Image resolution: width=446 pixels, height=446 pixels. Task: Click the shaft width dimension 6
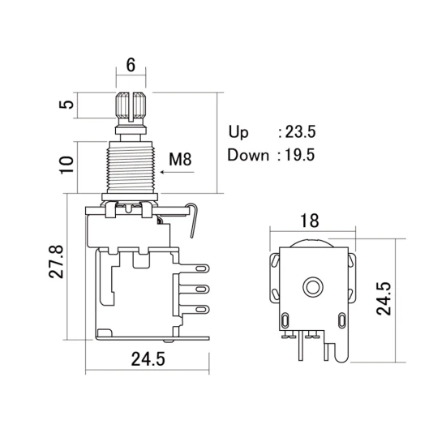coord(131,65)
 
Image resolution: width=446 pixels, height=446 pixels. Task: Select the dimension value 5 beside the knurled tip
coord(66,105)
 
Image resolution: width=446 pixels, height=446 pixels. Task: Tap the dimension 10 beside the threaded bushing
coord(66,165)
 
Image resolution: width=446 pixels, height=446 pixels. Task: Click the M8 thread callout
coord(180,159)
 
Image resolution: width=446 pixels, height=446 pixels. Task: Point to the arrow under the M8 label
coord(177,172)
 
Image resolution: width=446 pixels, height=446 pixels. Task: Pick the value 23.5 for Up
coord(300,132)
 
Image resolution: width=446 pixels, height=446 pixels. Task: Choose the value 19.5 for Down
coord(300,156)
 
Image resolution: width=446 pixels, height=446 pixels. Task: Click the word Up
coord(238,132)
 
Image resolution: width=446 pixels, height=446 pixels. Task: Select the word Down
coord(248,156)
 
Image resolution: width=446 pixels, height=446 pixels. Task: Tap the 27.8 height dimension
coord(56,261)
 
